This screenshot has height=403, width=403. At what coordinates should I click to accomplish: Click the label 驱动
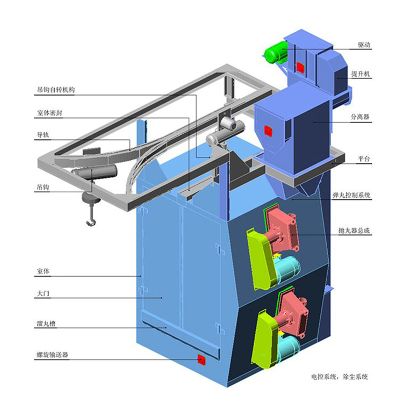click(x=364, y=45)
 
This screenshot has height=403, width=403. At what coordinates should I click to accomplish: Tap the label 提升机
click(x=361, y=74)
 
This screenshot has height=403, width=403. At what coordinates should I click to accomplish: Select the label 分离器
click(x=360, y=117)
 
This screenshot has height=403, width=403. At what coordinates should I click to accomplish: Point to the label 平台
click(x=364, y=159)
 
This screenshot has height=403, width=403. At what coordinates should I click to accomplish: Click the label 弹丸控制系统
click(x=351, y=195)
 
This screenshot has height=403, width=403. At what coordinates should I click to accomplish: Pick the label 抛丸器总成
click(x=354, y=231)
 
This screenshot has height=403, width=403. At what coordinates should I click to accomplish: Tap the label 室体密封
click(x=49, y=113)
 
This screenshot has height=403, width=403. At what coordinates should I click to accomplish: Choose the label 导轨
click(x=43, y=135)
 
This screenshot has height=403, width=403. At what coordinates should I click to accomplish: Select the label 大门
click(x=43, y=293)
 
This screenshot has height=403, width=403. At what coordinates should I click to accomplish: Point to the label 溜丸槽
click(x=46, y=323)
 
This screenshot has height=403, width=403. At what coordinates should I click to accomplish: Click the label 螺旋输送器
click(x=52, y=355)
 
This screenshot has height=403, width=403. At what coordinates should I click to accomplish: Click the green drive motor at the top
click(x=275, y=53)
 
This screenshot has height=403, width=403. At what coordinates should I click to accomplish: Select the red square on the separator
click(x=268, y=131)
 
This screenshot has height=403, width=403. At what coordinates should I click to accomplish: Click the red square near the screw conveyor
click(x=201, y=359)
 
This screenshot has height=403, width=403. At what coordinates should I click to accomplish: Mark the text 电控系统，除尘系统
click(x=340, y=377)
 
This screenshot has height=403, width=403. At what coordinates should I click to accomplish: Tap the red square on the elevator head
click(x=300, y=67)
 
